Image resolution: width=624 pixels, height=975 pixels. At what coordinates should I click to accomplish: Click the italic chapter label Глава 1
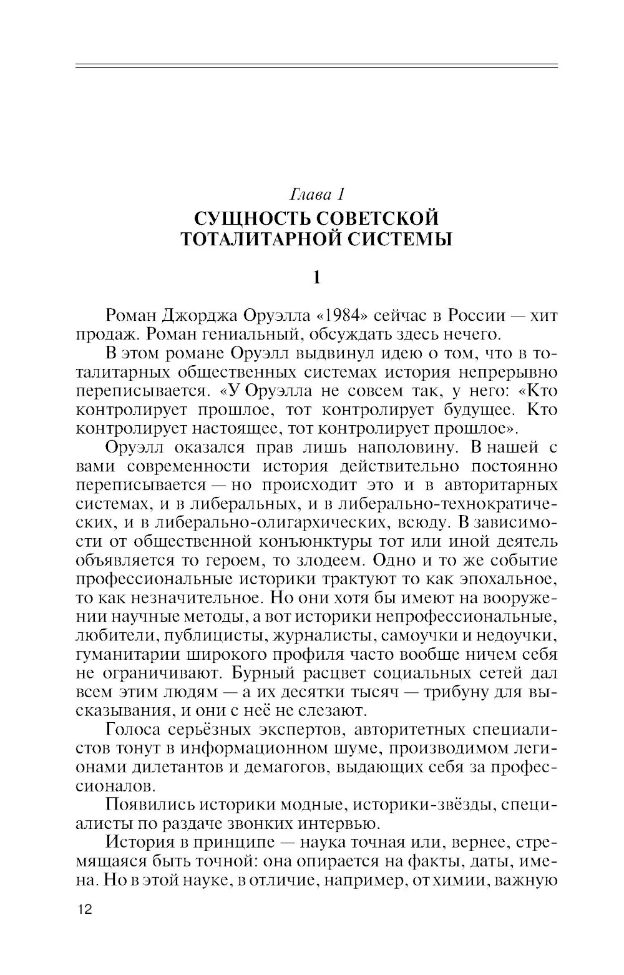(317, 195)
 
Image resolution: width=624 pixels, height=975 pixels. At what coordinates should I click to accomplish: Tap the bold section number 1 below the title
(316, 277)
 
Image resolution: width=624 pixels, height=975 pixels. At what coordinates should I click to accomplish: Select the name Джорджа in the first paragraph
(204, 316)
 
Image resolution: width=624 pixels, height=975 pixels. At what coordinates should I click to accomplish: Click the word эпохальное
(504, 579)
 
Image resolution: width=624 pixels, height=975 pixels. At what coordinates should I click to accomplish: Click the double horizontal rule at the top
(316, 65)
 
